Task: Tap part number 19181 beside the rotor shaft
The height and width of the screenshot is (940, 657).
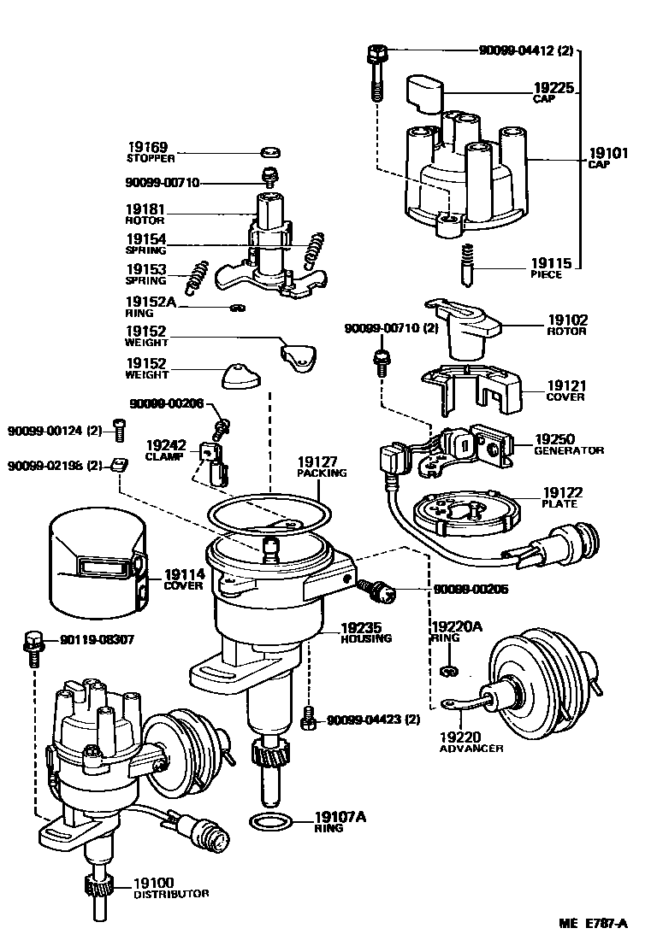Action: [146, 209]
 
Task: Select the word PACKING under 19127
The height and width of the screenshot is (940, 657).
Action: [322, 473]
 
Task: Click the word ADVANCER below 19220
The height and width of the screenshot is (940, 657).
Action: [471, 749]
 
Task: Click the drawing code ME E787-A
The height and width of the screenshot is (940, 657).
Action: [593, 923]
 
